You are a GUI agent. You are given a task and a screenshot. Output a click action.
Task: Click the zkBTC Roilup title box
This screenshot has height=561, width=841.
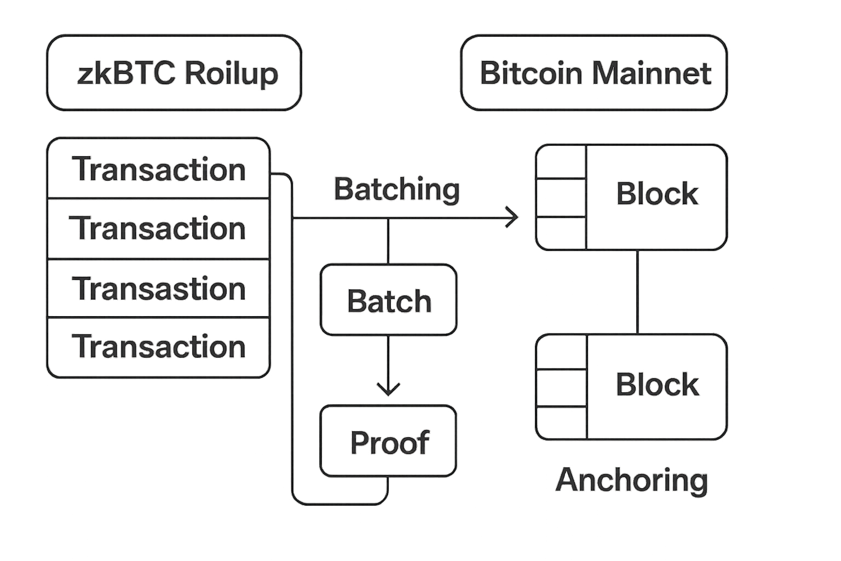click(174, 73)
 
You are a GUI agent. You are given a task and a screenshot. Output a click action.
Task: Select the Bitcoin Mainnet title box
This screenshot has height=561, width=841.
click(594, 73)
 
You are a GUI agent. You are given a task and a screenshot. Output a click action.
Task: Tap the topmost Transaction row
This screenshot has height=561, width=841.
click(158, 169)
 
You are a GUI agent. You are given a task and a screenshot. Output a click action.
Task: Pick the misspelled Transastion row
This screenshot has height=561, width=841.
click(158, 288)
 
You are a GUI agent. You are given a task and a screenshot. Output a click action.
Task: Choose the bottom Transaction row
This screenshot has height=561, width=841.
click(158, 347)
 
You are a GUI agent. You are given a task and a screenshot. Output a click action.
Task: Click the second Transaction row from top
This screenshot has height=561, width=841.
click(158, 228)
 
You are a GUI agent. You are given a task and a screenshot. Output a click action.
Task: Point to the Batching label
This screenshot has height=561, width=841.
click(396, 190)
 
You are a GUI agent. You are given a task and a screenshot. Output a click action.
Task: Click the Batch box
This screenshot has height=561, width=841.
click(388, 300)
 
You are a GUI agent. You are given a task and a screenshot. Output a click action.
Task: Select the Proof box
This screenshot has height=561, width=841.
click(388, 442)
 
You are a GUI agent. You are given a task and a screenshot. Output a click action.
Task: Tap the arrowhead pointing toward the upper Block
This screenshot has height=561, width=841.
click(513, 217)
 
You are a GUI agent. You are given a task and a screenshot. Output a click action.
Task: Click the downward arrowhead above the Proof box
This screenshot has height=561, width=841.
click(388, 389)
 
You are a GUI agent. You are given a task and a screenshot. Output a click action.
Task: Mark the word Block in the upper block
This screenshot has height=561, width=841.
click(657, 193)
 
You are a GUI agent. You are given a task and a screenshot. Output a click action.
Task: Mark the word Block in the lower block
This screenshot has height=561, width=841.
click(657, 384)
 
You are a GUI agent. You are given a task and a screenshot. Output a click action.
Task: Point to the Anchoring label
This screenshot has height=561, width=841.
click(632, 480)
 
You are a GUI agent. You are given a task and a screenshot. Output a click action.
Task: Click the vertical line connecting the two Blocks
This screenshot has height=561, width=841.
click(637, 292)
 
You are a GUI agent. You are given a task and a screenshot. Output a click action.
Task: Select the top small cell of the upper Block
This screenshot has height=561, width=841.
click(561, 162)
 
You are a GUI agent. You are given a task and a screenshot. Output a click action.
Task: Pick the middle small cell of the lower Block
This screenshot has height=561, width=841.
click(561, 387)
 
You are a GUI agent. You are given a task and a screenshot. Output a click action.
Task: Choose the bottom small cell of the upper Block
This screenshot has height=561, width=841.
click(561, 233)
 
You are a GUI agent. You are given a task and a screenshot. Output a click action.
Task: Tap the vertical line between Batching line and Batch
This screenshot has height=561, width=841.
click(388, 241)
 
